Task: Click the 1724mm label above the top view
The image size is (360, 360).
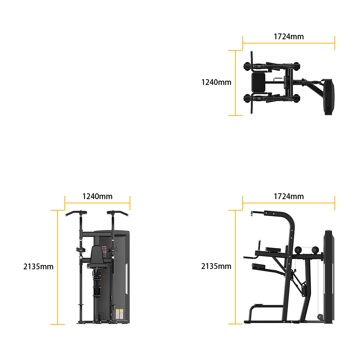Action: (x=289, y=36)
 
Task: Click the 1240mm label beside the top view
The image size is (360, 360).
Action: (x=216, y=82)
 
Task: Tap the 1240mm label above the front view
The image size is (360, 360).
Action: (x=97, y=196)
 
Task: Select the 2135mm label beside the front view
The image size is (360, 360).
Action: (x=39, y=266)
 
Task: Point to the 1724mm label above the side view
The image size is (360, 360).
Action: (x=289, y=196)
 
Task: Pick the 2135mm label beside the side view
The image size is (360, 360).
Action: (x=216, y=266)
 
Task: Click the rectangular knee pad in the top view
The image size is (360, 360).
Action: (x=258, y=82)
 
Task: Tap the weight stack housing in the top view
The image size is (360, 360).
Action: (x=329, y=97)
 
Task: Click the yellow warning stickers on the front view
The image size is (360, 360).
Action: (x=120, y=314)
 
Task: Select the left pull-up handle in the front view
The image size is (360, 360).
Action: (x=76, y=213)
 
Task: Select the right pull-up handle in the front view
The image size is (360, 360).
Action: (x=118, y=213)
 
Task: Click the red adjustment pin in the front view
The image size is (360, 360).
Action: (x=103, y=276)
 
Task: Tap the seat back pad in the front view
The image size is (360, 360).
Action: (x=96, y=255)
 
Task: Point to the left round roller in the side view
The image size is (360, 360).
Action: (x=298, y=250)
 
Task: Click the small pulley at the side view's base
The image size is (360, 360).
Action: (x=319, y=317)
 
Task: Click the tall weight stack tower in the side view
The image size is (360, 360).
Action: (x=329, y=276)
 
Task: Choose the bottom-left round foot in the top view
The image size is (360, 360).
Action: (x=247, y=99)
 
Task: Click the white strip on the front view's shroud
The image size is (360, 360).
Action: (x=126, y=279)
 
